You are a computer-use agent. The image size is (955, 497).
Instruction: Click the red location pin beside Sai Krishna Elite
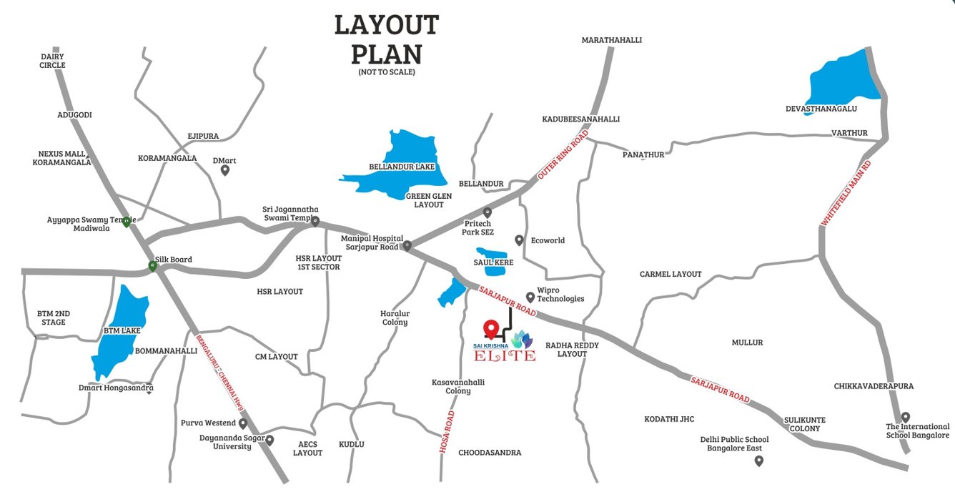tap(490, 329)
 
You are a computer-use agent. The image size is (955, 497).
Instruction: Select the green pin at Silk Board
tap(152, 267)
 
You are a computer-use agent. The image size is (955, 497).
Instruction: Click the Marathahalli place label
tap(611, 40)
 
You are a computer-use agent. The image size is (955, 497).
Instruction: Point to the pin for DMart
tap(225, 170)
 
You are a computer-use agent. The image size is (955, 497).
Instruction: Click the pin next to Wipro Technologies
tap(530, 297)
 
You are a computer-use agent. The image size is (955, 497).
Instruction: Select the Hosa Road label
tap(447, 431)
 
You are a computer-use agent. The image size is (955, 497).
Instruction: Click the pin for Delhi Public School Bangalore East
tap(758, 461)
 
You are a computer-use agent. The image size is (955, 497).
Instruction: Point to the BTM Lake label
tap(122, 331)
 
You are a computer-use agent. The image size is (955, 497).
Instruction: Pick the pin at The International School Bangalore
tap(905, 417)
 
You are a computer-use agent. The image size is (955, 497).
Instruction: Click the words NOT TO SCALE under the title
tap(386, 72)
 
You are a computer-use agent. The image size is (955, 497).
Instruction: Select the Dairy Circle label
tap(52, 61)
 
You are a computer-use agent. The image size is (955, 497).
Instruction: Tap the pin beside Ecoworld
tap(520, 240)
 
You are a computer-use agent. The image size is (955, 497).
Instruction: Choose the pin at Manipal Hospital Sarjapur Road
tap(407, 247)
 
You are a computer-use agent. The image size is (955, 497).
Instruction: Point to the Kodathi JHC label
tap(669, 419)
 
